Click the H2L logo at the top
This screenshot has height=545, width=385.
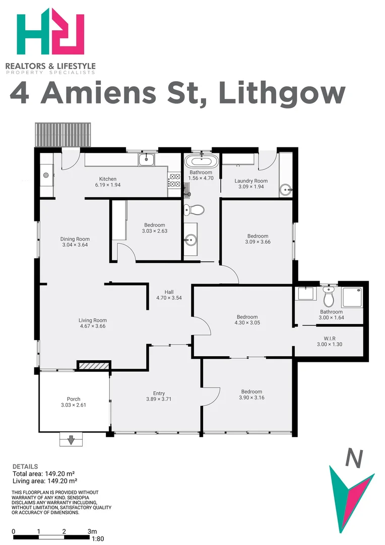click(x=50, y=31)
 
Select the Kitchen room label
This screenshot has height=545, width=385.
click(x=108, y=179)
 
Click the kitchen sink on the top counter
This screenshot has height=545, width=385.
click(x=147, y=160)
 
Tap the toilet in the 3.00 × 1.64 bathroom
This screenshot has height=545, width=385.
click(x=329, y=299)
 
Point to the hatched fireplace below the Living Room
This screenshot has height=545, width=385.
click(x=93, y=365)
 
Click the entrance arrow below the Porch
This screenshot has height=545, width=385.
click(x=71, y=440)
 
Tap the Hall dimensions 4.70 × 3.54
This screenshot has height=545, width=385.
click(x=169, y=298)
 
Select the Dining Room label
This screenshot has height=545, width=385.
click(x=75, y=239)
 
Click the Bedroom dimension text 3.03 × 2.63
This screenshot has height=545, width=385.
click(x=154, y=232)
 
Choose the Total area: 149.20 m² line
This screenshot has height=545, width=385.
click(x=43, y=474)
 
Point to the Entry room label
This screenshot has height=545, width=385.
click(x=159, y=394)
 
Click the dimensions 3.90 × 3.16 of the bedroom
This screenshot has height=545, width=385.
click(x=251, y=398)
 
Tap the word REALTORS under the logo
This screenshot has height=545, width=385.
click(x=25, y=66)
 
